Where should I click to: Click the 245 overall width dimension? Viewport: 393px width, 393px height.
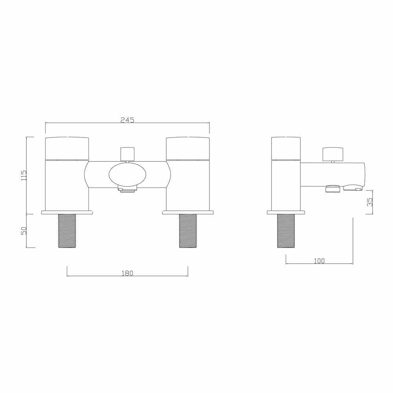[x=127, y=120]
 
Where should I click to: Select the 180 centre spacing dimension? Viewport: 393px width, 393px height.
[x=127, y=273]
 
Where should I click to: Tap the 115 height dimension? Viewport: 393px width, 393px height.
[x=24, y=175]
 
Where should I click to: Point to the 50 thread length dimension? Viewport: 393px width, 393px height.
[x=24, y=231]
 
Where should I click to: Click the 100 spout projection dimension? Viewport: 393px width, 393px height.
[x=319, y=261]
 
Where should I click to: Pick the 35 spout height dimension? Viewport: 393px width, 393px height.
[x=369, y=202]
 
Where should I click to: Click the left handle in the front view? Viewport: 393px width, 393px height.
[x=67, y=149]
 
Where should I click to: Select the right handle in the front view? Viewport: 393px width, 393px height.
[x=188, y=149]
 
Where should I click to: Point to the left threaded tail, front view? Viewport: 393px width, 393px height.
[x=67, y=231]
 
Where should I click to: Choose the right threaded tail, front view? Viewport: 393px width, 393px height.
[x=188, y=231]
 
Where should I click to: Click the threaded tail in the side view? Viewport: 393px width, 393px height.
[x=286, y=231]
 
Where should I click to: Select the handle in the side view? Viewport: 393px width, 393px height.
[x=286, y=149]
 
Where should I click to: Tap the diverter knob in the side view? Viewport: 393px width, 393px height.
[x=332, y=154]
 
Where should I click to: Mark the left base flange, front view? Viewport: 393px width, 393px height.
[x=67, y=213]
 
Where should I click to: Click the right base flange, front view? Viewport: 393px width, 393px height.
[x=188, y=213]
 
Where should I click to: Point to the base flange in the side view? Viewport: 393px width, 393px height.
[x=286, y=213]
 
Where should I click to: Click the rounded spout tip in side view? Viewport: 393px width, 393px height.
[x=362, y=175]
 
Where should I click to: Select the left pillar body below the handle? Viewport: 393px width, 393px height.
[x=67, y=185]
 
